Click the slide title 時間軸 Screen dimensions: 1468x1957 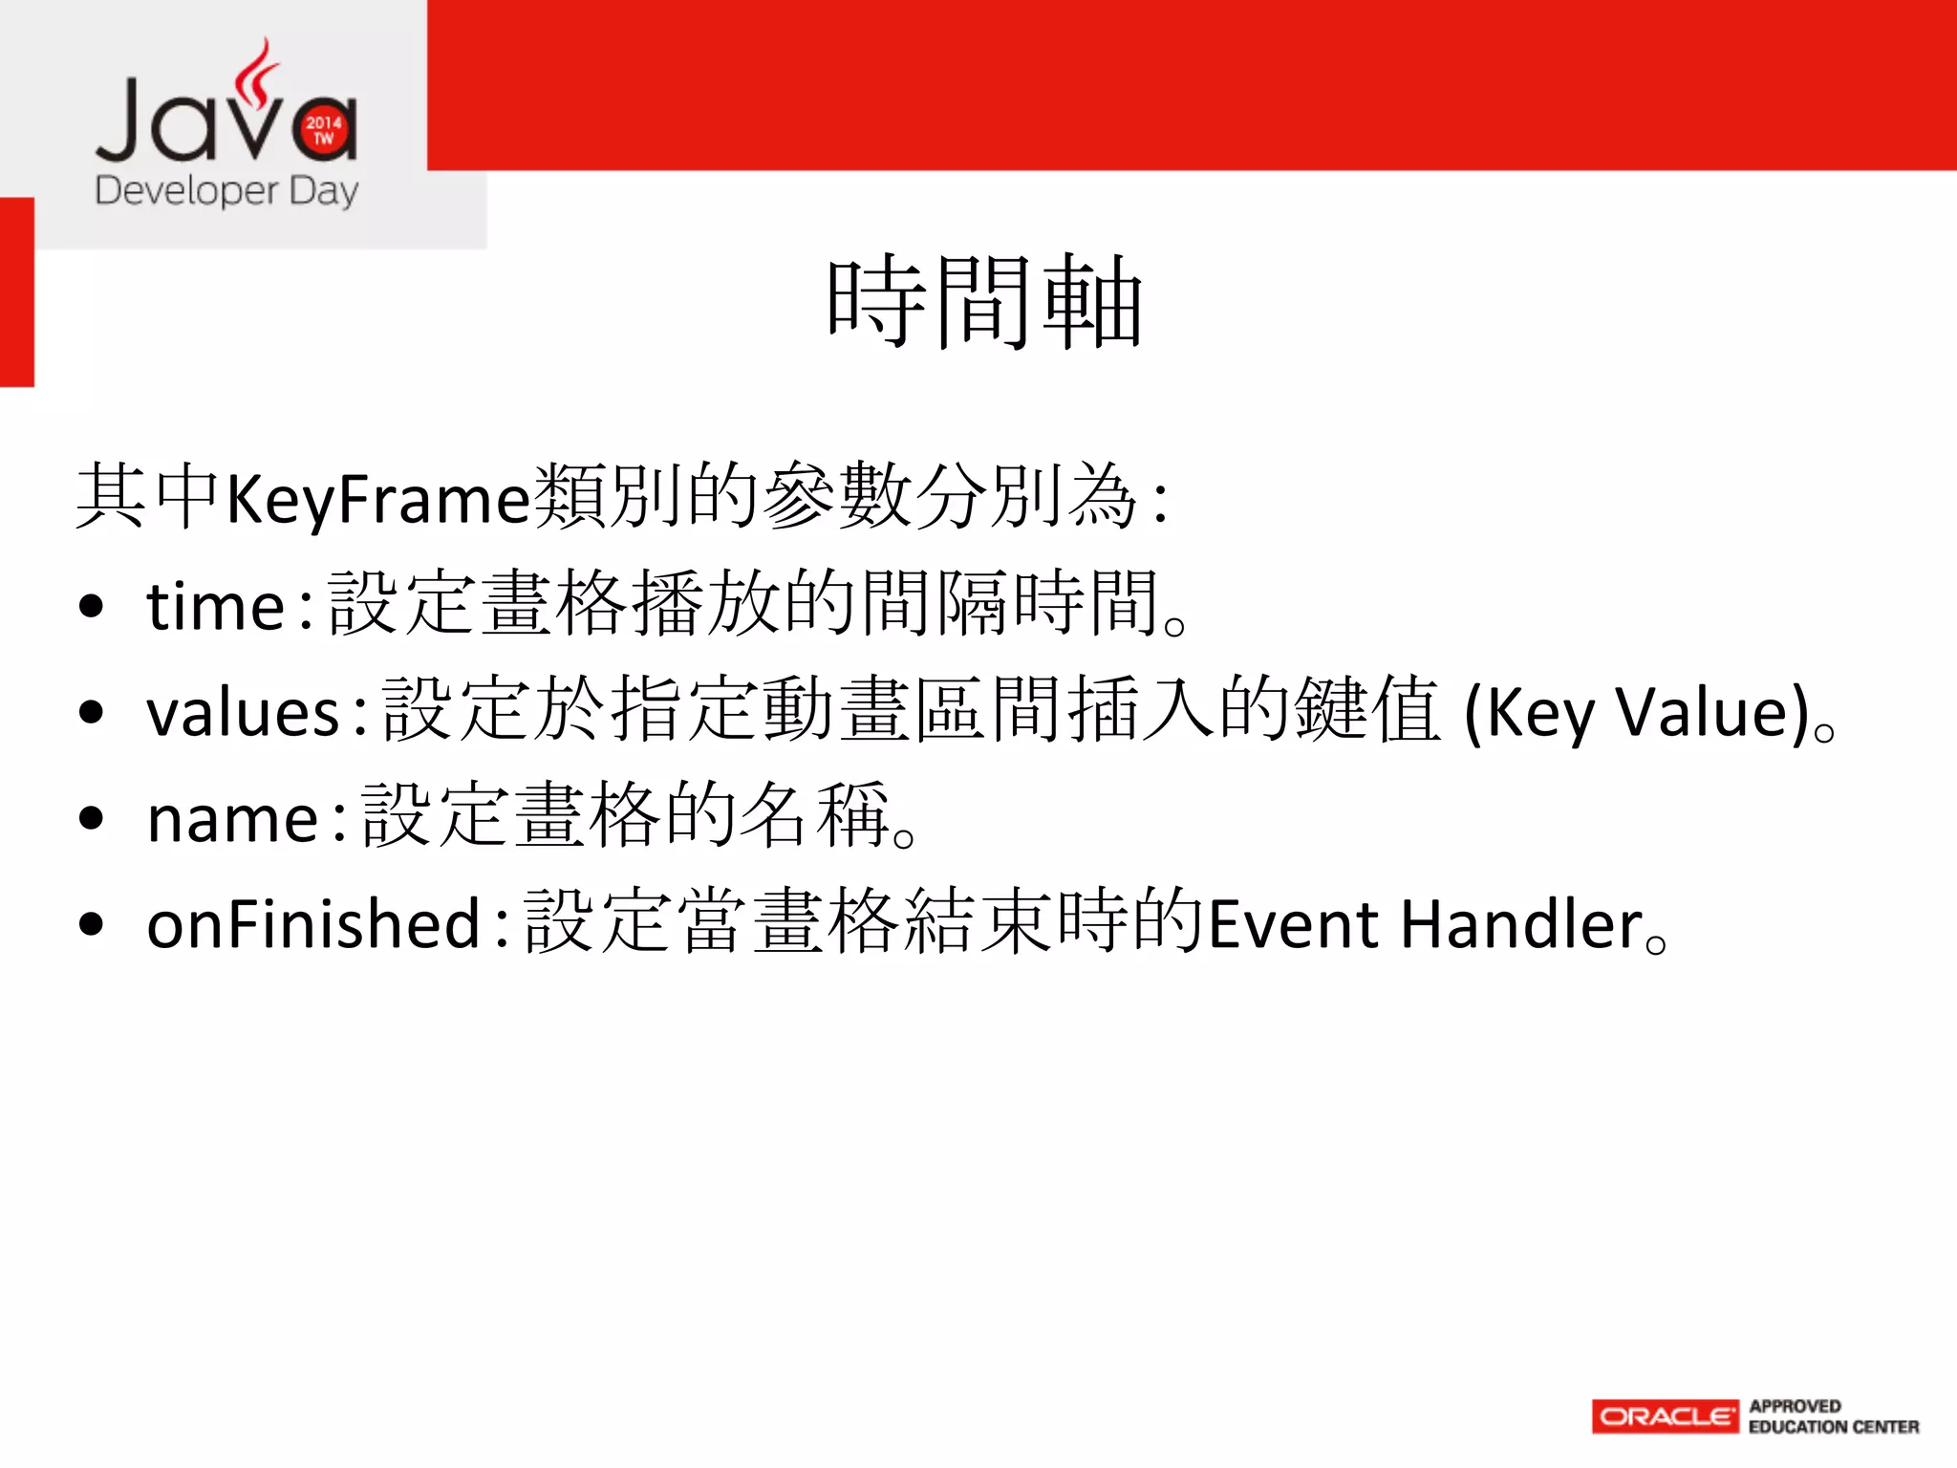984,303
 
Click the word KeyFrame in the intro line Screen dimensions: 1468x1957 377,499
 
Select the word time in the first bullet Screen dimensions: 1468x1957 216,607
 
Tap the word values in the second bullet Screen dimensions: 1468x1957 244,713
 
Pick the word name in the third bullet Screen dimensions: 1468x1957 233,819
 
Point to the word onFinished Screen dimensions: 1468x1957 313,924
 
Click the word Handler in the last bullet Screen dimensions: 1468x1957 1521,924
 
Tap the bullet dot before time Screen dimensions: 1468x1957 92,607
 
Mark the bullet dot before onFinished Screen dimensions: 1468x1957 92,924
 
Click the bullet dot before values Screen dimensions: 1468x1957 92,713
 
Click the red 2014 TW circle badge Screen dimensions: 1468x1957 324,130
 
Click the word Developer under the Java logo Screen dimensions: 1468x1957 186,191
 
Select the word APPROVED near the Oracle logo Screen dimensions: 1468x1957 1795,1406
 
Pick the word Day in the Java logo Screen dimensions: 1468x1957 324,191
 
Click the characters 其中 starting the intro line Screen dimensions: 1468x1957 148,497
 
